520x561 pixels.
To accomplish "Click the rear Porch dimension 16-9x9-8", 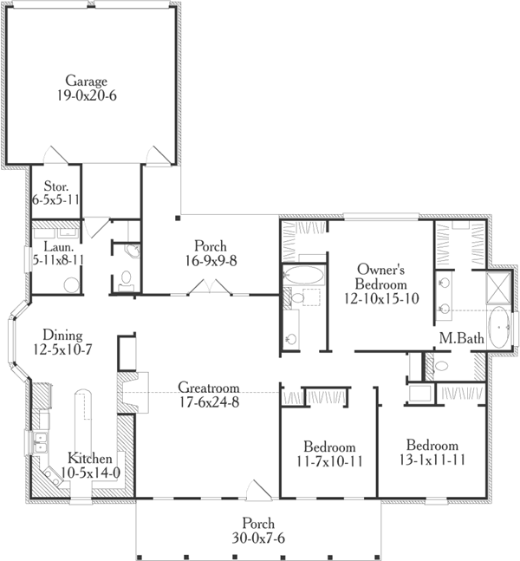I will click(210, 260).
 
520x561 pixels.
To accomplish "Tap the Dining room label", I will click(50, 335).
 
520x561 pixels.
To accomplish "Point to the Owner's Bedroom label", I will click(380, 277).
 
